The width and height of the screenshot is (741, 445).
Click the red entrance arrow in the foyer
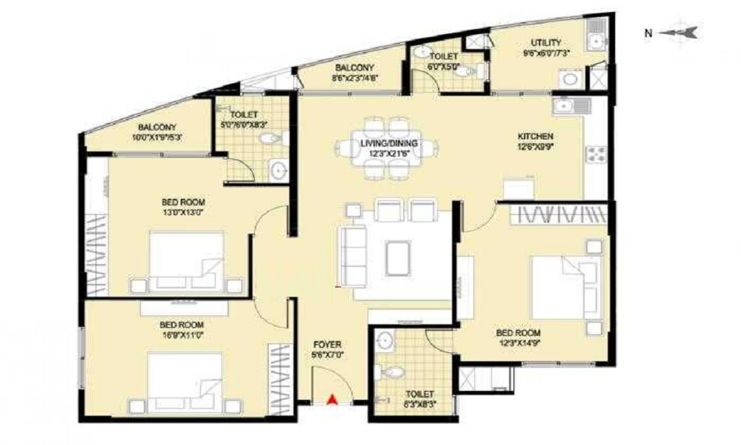(x=333, y=399)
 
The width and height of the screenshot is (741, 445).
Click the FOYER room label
(x=327, y=344)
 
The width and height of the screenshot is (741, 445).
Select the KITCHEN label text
(x=535, y=136)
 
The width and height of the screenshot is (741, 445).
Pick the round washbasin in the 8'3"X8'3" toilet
(x=384, y=341)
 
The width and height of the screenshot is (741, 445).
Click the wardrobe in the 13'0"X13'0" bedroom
(x=96, y=252)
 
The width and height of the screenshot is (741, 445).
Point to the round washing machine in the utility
(x=570, y=79)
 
